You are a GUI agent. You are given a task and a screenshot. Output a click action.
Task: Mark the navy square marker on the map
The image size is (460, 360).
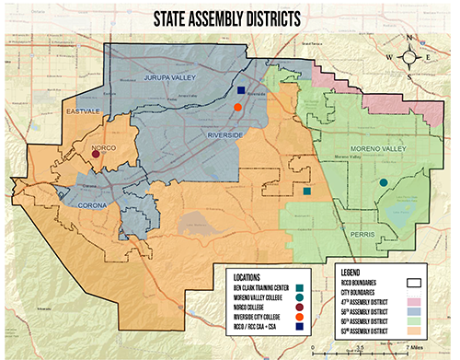[241, 91]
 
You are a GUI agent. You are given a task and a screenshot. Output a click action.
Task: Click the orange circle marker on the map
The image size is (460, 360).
[238, 108]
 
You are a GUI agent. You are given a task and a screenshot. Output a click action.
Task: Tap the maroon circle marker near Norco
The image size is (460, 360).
[96, 154]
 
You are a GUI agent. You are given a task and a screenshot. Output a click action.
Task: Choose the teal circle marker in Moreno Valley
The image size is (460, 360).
[383, 183]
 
